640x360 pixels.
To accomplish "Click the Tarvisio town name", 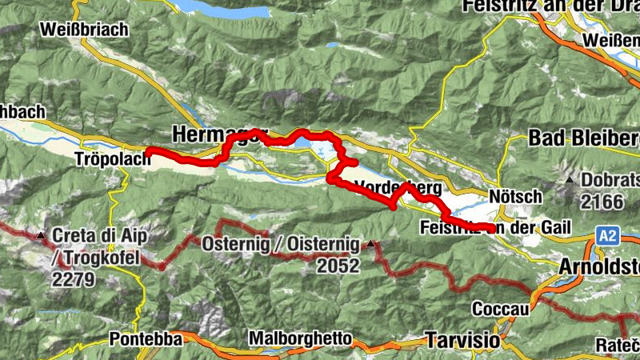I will click(x=463, y=339).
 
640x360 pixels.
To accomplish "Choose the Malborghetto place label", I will click(x=299, y=338).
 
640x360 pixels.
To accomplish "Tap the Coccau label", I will click(x=500, y=308).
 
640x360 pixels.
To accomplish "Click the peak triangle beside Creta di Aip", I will click(x=41, y=235).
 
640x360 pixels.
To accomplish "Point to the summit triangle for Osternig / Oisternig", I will click(x=371, y=242).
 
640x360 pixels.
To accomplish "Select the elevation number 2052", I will click(x=338, y=267).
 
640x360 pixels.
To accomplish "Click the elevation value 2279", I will click(x=74, y=280).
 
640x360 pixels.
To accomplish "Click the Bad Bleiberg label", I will click(x=583, y=138).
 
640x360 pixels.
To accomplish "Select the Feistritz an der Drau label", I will click(x=551, y=7).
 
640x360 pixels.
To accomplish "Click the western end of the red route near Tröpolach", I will click(x=147, y=151).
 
